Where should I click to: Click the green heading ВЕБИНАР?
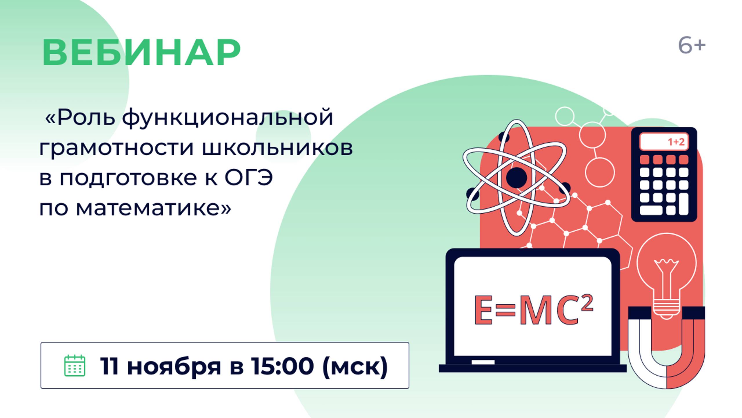141,53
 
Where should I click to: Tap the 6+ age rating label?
692,46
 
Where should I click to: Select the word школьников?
277,148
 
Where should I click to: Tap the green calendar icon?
74,365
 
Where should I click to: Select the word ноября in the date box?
174,366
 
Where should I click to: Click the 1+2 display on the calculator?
676,142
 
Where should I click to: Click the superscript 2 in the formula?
587,303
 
